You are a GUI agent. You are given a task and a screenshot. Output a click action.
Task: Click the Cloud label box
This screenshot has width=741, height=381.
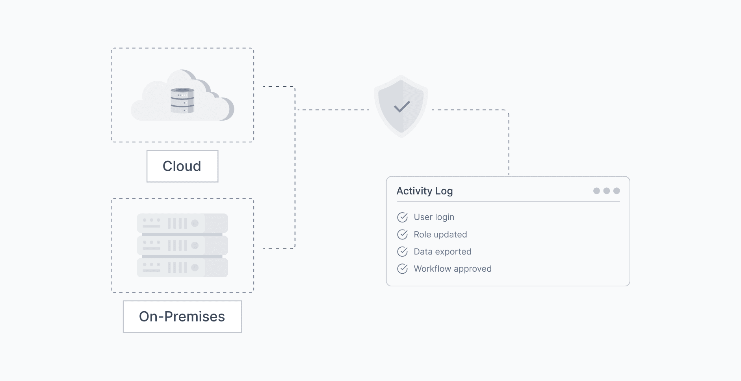point(182,166)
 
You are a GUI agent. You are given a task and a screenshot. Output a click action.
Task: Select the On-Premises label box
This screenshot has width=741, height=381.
point(182,316)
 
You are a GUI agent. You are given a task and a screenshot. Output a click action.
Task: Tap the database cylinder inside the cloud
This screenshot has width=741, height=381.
point(182,101)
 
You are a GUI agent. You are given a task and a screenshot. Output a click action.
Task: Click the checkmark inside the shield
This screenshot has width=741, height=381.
point(402,106)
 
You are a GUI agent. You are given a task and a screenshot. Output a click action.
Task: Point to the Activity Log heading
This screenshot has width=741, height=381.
point(424,191)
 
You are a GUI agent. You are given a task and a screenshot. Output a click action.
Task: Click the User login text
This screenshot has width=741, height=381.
point(434,217)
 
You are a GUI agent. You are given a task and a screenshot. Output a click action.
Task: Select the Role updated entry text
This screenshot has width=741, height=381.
point(440,234)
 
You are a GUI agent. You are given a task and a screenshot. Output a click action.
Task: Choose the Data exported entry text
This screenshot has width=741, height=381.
point(442,252)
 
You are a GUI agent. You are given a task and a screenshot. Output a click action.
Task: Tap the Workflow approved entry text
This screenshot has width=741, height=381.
point(452,269)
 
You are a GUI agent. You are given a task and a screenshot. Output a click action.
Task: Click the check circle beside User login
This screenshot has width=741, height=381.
point(402,217)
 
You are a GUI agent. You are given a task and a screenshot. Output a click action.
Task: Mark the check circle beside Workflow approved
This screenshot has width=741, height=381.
point(402,269)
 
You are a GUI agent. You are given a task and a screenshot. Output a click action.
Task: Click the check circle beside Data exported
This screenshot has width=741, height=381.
point(402,252)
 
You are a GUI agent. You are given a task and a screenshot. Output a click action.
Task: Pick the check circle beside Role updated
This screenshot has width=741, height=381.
point(402,235)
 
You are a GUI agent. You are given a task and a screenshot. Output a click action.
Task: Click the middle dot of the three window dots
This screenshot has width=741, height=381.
point(607,191)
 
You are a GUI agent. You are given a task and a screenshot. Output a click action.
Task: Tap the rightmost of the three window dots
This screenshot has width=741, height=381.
point(617,191)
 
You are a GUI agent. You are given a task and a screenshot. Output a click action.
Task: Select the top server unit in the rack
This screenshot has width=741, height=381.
point(182,223)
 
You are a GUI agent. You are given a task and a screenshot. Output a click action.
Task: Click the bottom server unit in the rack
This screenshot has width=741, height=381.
point(182,268)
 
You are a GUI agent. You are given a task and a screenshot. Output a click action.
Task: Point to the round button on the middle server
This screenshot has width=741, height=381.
point(195,245)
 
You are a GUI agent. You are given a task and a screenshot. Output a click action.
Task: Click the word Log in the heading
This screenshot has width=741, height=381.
point(444,191)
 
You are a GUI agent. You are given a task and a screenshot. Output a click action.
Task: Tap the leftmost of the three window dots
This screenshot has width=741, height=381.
point(596,191)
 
